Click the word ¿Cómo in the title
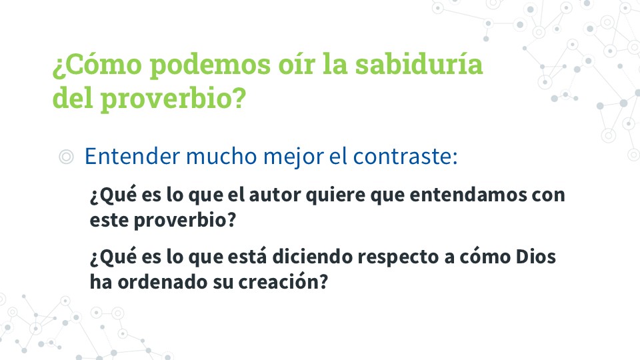pyautogui.click(x=97, y=65)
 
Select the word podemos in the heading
pyautogui.click(x=210, y=65)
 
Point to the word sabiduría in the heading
pyautogui.click(x=419, y=64)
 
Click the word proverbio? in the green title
pyautogui.click(x=173, y=99)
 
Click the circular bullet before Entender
pyautogui.click(x=66, y=157)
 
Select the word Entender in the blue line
pyautogui.click(x=132, y=156)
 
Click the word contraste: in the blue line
pyautogui.click(x=405, y=157)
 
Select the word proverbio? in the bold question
pyautogui.click(x=185, y=221)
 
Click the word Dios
pyautogui.click(x=535, y=257)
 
